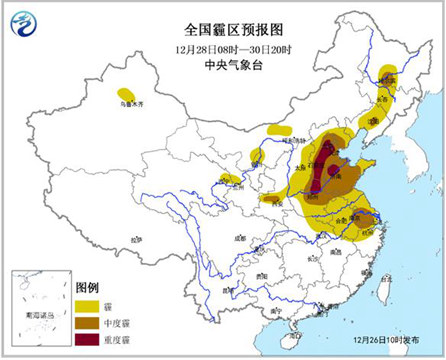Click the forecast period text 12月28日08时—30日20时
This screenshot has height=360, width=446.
tap(222, 47)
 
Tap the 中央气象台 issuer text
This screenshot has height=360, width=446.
tap(222, 65)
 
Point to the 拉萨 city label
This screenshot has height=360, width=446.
tap(136, 239)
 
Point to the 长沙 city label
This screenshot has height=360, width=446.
tap(309, 258)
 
